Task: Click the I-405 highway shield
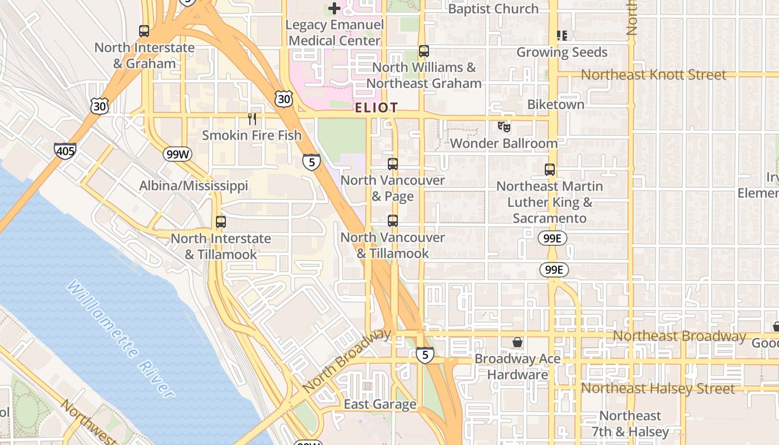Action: pyautogui.click(x=65, y=151)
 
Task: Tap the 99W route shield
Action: pyautogui.click(x=178, y=154)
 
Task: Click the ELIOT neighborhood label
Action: pyautogui.click(x=377, y=108)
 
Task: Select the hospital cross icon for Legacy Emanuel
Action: pyautogui.click(x=334, y=8)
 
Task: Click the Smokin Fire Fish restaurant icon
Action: pyautogui.click(x=252, y=118)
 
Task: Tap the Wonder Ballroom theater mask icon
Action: pyautogui.click(x=504, y=127)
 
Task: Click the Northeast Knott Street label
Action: pyautogui.click(x=653, y=75)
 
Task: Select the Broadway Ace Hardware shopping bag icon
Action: pyautogui.click(x=517, y=342)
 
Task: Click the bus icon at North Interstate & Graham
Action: pyautogui.click(x=144, y=31)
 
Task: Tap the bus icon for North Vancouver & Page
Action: pyautogui.click(x=393, y=164)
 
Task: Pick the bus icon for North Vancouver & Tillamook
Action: pyautogui.click(x=393, y=221)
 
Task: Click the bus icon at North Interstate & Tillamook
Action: pyautogui.click(x=221, y=222)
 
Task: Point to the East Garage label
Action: pyautogui.click(x=380, y=404)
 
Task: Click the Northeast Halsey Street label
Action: pyautogui.click(x=658, y=389)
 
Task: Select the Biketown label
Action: pyautogui.click(x=555, y=105)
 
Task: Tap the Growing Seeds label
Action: pyautogui.click(x=562, y=52)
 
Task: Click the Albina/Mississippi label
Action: pyautogui.click(x=194, y=186)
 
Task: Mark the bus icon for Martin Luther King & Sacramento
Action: pyautogui.click(x=550, y=170)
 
